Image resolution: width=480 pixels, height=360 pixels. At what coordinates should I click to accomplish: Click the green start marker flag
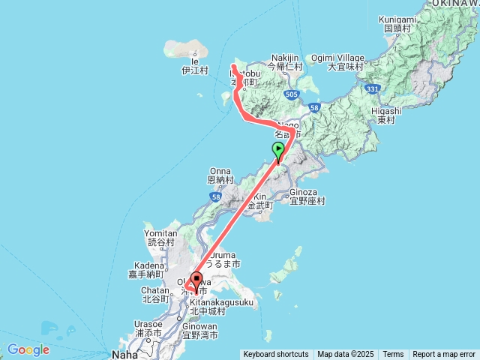278,149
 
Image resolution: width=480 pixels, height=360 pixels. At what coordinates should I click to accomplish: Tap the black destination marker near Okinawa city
197,279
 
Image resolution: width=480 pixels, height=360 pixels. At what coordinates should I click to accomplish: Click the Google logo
28,349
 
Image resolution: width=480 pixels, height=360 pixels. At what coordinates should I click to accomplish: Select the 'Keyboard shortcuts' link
275,355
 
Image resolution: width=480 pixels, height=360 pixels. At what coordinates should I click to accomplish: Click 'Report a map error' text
444,355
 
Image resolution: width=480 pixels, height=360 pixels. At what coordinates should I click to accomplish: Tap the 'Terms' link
393,355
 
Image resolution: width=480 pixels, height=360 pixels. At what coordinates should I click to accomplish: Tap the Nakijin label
284,58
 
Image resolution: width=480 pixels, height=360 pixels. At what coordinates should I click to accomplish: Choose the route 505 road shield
292,94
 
